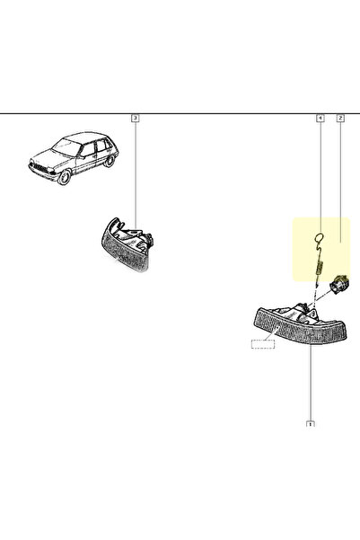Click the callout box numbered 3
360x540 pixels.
click(x=136, y=118)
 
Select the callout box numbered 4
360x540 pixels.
click(x=320, y=118)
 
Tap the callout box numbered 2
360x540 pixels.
click(x=340, y=118)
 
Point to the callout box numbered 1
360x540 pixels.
click(x=310, y=423)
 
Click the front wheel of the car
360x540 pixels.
click(x=64, y=177)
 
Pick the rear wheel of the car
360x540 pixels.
click(x=110, y=161)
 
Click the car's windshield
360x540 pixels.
click(x=66, y=147)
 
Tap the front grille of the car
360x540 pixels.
click(x=40, y=168)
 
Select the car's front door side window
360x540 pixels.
click(x=87, y=149)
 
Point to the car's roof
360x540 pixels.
click(x=85, y=137)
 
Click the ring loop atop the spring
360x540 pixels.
click(x=319, y=237)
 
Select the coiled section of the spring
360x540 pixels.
click(x=319, y=267)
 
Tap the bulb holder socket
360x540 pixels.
click(x=338, y=285)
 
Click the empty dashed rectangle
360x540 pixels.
click(x=263, y=344)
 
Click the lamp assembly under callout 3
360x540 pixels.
click(x=127, y=244)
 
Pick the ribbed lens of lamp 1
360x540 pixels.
click(x=299, y=326)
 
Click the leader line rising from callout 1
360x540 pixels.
click(x=310, y=382)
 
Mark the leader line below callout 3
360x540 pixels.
click(x=136, y=175)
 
